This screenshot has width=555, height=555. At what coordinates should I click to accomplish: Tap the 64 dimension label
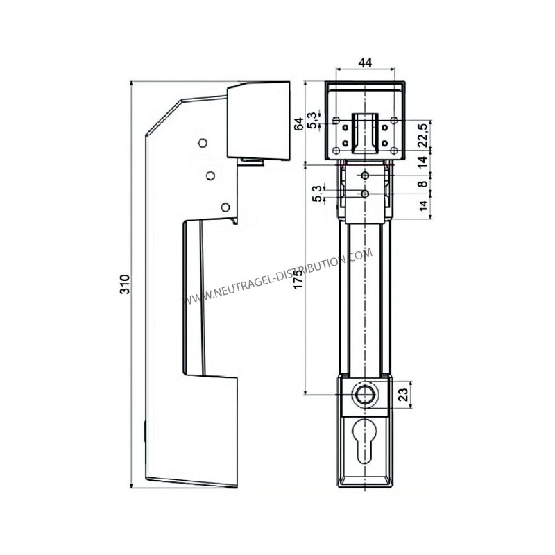(x=298, y=124)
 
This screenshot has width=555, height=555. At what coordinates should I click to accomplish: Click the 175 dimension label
(x=299, y=277)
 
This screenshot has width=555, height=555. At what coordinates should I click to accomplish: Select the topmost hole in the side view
(x=202, y=143)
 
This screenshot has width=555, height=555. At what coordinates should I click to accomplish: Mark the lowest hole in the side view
(x=225, y=206)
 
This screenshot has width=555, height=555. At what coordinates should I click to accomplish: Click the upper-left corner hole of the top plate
(x=336, y=121)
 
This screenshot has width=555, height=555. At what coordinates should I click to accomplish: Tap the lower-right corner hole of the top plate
(x=393, y=151)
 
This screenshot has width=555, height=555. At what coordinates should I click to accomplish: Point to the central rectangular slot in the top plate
(x=364, y=132)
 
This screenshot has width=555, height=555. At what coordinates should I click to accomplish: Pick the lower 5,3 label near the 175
(x=317, y=194)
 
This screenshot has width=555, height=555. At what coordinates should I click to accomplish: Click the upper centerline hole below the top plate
(x=365, y=177)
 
